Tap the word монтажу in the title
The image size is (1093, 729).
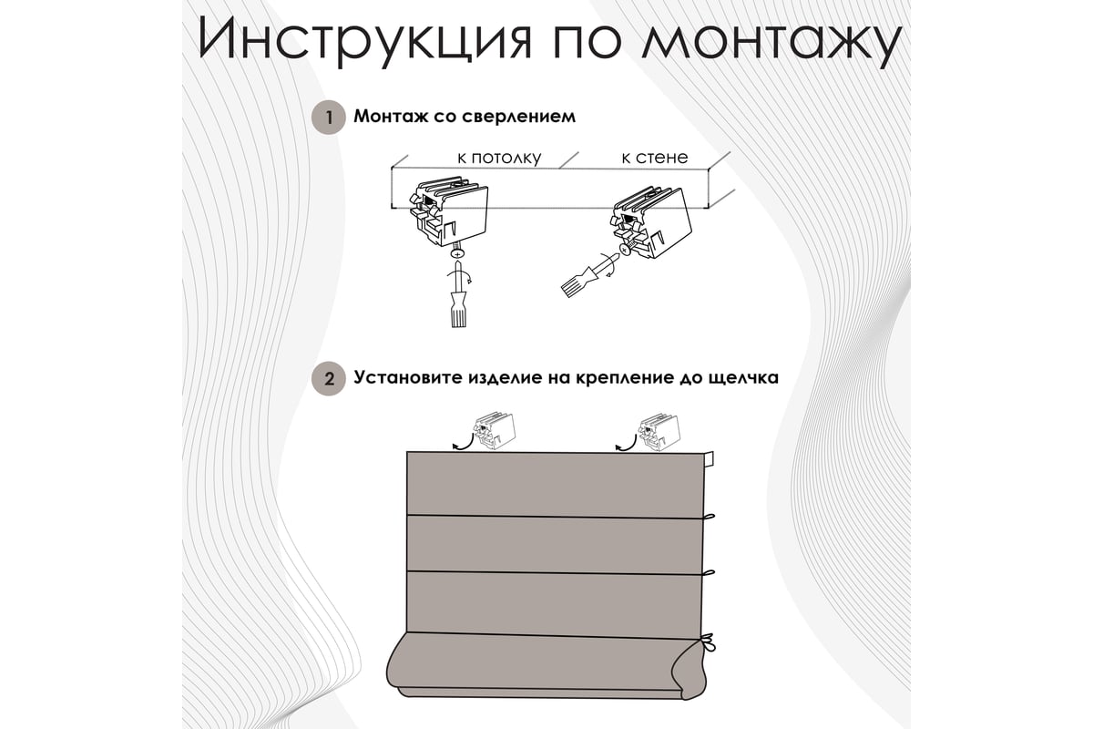771,43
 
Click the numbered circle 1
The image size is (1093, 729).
329,118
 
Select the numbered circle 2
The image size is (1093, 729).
329,378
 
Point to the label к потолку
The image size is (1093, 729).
499,158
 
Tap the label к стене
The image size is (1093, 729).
654,158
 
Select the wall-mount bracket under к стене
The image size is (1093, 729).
650,222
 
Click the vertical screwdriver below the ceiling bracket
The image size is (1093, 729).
458,295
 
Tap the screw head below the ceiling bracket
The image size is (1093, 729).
457,253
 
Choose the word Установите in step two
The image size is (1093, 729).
410,377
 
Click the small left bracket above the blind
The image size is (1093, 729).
494,431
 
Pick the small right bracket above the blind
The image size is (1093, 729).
659,432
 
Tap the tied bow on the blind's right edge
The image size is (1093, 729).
708,642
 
